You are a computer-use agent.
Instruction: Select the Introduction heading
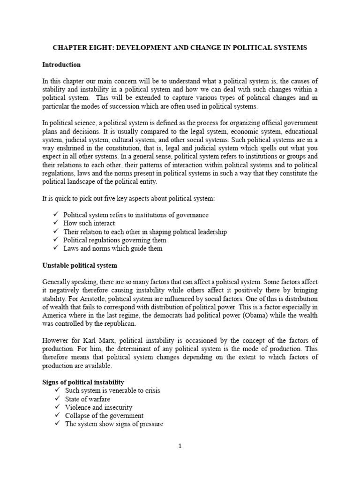tap(61, 65)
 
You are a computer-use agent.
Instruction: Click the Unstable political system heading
tap(79, 265)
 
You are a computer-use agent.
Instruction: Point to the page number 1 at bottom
tap(180, 446)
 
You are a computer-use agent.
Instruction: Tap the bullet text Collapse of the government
tap(103, 416)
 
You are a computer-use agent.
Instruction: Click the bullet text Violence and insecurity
tap(97, 407)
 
